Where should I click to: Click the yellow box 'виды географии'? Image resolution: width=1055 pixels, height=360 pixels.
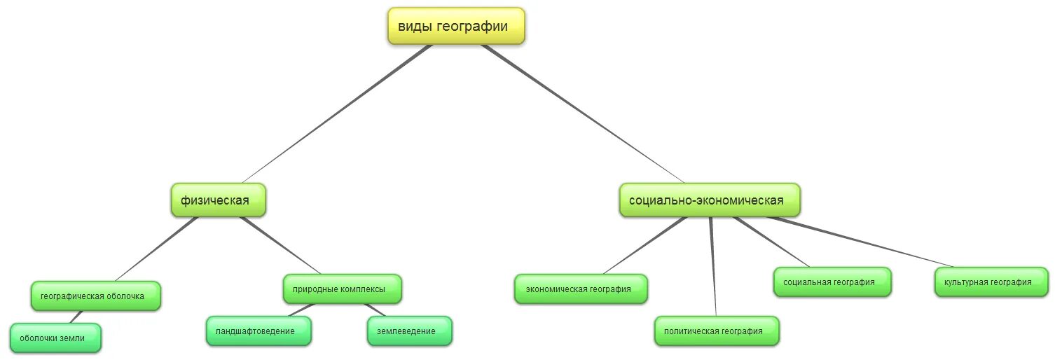pos(456,27)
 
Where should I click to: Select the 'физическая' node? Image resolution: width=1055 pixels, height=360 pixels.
pos(219,200)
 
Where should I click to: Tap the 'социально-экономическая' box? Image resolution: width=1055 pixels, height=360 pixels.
pos(709,200)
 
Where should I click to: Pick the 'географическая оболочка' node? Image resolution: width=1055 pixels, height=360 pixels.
pos(96,296)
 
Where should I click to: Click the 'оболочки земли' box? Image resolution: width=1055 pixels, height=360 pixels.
pos(55,338)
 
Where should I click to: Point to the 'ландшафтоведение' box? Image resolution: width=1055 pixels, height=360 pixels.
pos(258,331)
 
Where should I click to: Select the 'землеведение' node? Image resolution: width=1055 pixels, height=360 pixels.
pos(410,331)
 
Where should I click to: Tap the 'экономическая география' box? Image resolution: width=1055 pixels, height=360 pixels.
pos(581,289)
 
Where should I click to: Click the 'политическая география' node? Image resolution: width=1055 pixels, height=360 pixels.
pos(717,331)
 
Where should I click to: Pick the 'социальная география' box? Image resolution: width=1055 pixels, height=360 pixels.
pos(832,282)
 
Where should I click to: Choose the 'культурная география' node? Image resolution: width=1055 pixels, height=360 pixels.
pos(992,282)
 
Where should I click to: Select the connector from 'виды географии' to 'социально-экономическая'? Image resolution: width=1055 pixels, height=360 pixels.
pos(581,112)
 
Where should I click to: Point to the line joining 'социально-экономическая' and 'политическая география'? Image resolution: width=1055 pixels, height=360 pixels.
pos(713,266)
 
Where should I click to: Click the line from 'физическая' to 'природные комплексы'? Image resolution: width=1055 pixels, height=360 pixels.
pos(280,245)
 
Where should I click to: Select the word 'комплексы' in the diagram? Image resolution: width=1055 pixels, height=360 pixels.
pos(364,289)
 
